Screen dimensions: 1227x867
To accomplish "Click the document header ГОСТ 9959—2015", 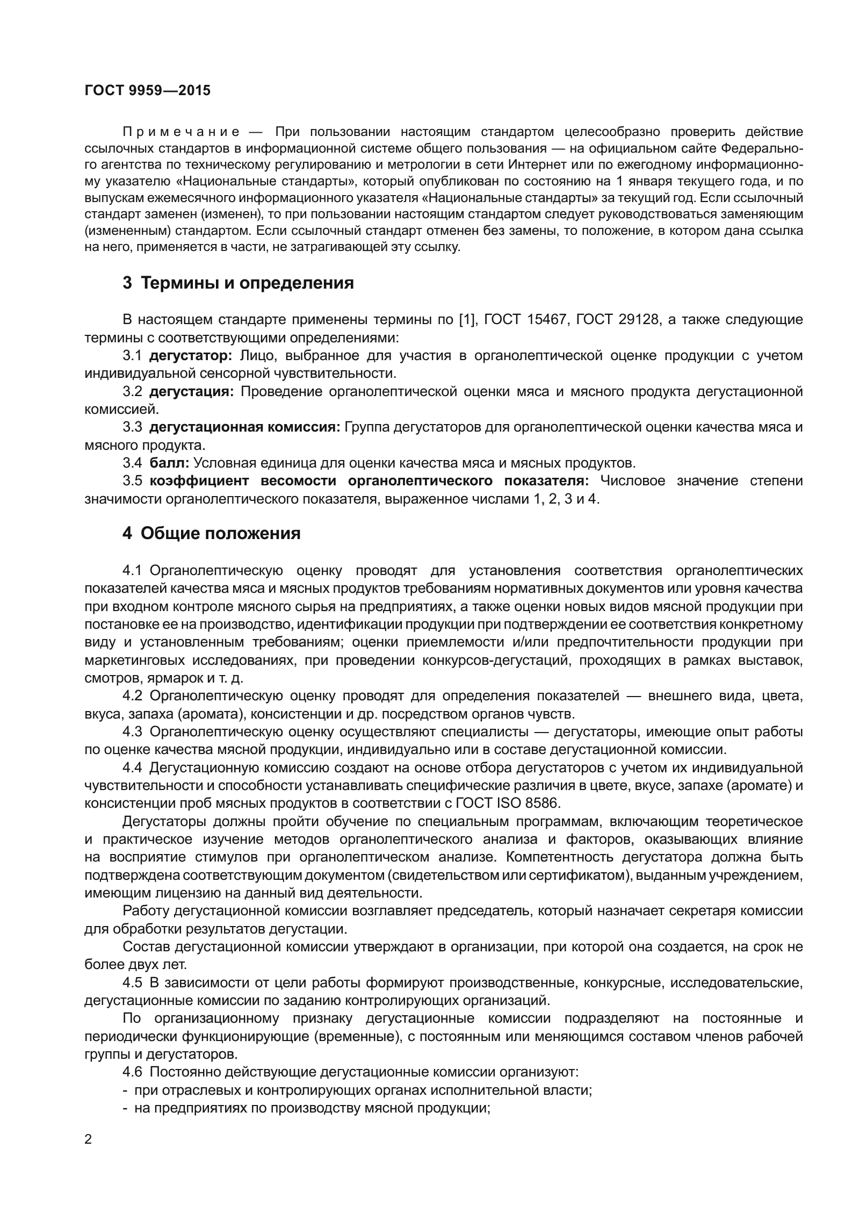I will [148, 91].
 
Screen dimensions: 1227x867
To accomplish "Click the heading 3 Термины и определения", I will [238, 283].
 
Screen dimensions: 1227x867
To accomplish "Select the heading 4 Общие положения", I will [211, 534].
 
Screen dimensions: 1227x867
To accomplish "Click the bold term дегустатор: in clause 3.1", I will [190, 356].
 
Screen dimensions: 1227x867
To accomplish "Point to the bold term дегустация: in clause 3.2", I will [191, 392].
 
